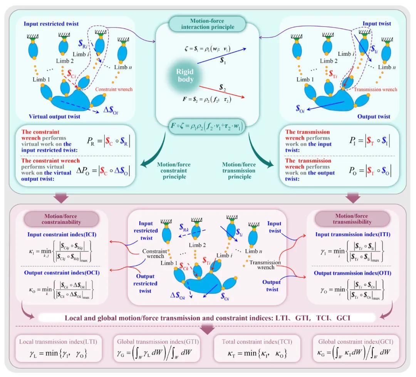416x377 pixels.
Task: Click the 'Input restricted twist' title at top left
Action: pyautogui.click(x=51, y=24)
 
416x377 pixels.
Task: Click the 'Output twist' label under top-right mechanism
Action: pyautogui.click(x=374, y=117)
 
